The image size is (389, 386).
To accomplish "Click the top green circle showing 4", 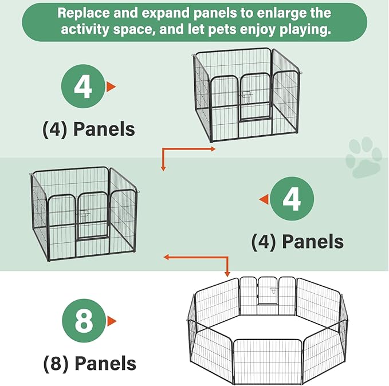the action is point(83,86).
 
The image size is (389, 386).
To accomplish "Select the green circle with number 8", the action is point(84,321).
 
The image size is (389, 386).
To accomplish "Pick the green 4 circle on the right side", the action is point(292,199).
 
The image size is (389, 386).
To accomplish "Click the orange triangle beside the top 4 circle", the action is point(111,86).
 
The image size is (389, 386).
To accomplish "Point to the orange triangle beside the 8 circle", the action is point(112,321).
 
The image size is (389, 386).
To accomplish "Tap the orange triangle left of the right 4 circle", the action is point(264,199).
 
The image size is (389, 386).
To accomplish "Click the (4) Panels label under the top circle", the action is point(89,129).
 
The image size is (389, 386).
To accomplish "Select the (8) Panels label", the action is point(90,364).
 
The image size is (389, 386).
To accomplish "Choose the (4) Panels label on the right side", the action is point(298,241).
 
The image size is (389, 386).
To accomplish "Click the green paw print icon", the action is point(364,157).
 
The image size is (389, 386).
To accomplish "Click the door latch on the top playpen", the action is point(247,94).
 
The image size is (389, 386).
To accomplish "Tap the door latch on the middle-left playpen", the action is point(84,213).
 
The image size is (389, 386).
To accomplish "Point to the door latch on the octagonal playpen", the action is point(273,290).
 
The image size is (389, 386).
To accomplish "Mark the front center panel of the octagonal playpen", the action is point(268,361).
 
